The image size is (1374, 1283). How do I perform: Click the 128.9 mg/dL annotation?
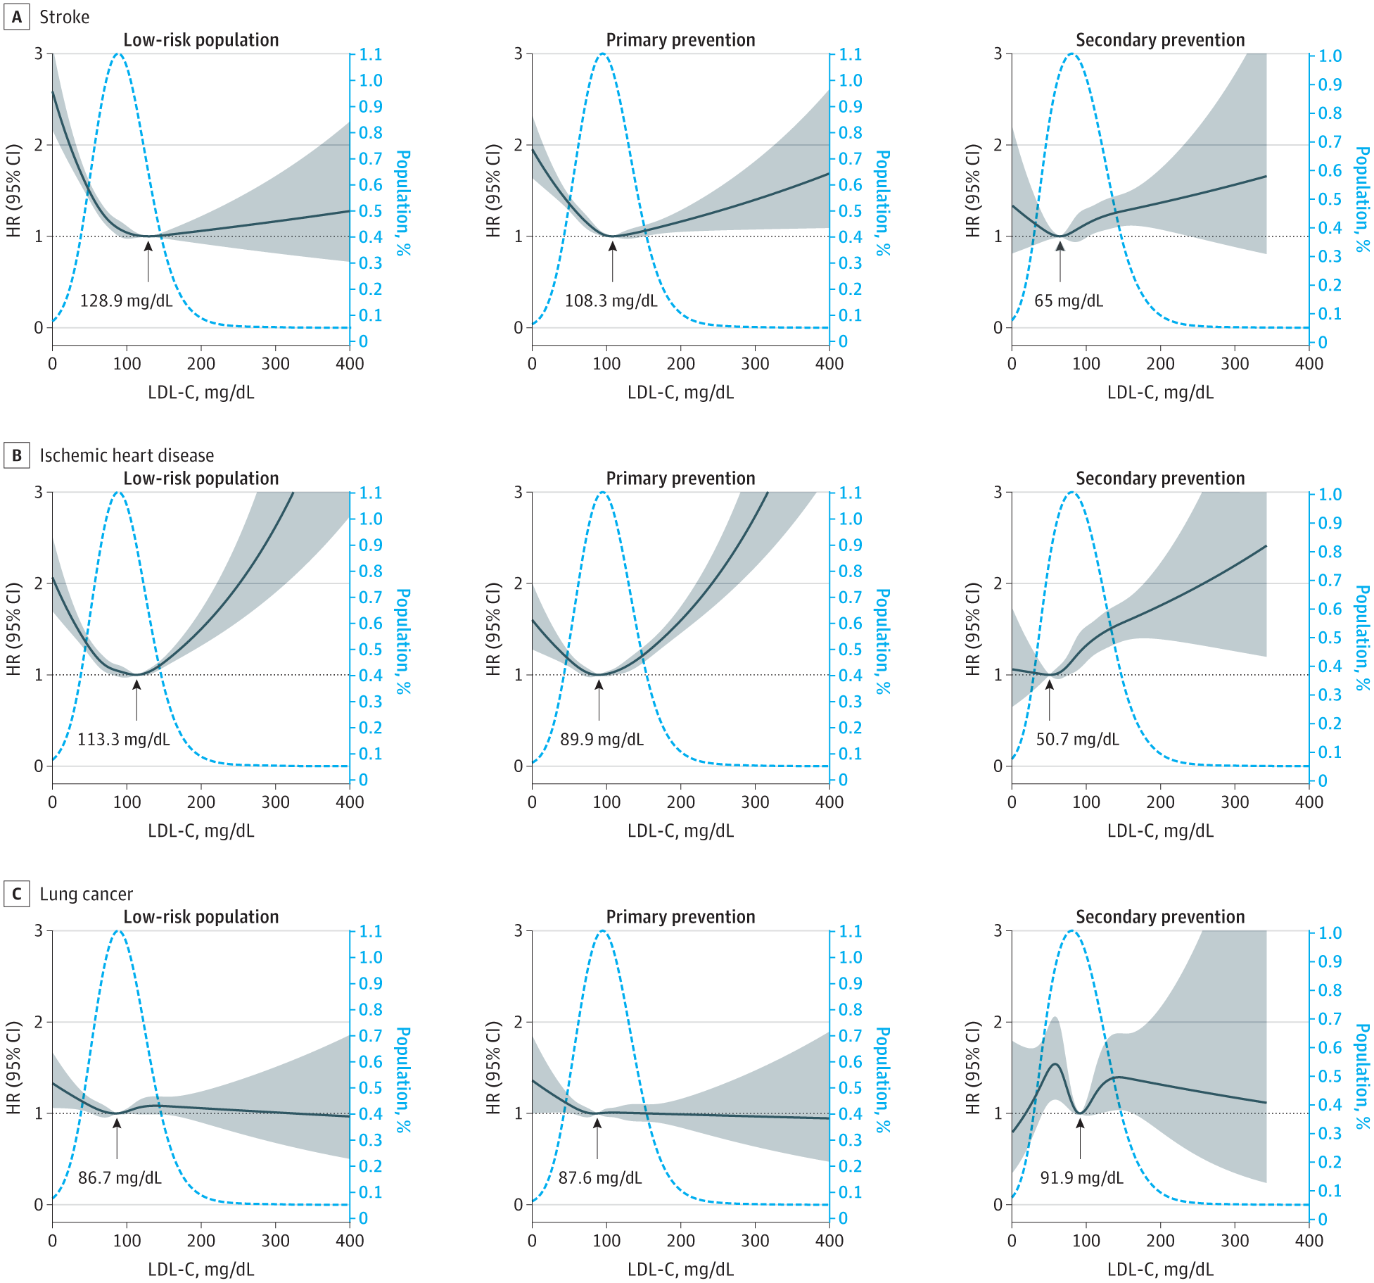click(126, 301)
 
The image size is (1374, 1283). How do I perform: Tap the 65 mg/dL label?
click(1068, 301)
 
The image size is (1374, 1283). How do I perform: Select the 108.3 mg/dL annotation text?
click(611, 301)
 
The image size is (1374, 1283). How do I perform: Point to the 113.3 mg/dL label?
click(123, 740)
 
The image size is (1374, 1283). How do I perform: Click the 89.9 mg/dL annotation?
click(602, 740)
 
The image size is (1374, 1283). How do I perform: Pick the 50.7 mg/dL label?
click(1077, 740)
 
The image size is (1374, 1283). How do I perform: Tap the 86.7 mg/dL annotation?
click(120, 1178)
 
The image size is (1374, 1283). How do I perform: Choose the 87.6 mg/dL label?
click(600, 1178)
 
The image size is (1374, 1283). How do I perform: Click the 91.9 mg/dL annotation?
click(1081, 1178)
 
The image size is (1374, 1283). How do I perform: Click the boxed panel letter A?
click(16, 17)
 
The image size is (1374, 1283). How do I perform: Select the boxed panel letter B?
click(16, 455)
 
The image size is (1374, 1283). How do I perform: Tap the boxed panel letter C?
click(16, 894)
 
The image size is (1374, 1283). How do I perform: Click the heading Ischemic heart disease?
click(127, 455)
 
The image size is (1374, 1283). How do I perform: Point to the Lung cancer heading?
click(86, 894)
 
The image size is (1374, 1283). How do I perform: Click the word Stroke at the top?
click(64, 17)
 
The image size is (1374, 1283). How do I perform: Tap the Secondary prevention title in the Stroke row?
click(1160, 40)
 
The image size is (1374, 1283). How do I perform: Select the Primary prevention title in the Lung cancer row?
click(680, 917)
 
